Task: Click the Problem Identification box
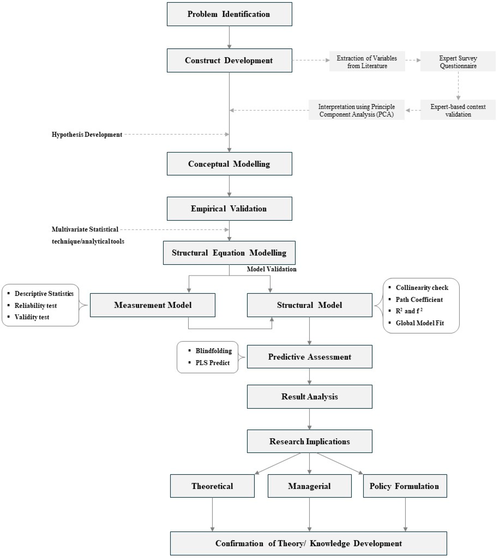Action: [229, 14]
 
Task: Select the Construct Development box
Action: [229, 60]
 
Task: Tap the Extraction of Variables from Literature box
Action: [367, 62]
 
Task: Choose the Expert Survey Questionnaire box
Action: [458, 62]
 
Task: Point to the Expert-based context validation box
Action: [458, 110]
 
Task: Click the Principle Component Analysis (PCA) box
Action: [356, 110]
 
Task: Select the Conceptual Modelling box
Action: [229, 164]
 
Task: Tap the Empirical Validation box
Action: [229, 209]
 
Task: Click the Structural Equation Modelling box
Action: [229, 253]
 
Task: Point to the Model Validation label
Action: [271, 269]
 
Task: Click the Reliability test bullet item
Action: [36, 306]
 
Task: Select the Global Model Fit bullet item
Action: [420, 323]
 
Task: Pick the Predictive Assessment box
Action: [309, 357]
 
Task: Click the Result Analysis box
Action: [309, 397]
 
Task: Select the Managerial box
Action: [309, 486]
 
